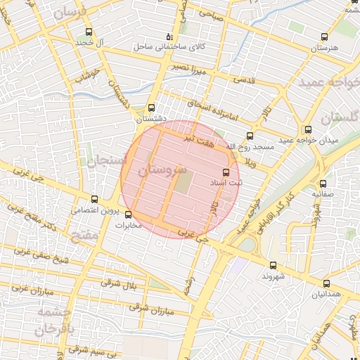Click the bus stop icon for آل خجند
pos(88,32)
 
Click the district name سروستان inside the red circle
pos(162,170)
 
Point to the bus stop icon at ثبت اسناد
pos(226,172)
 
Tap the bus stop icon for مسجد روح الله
pos(249,136)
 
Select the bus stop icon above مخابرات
pos(128,214)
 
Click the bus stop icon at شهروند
pos(273,265)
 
